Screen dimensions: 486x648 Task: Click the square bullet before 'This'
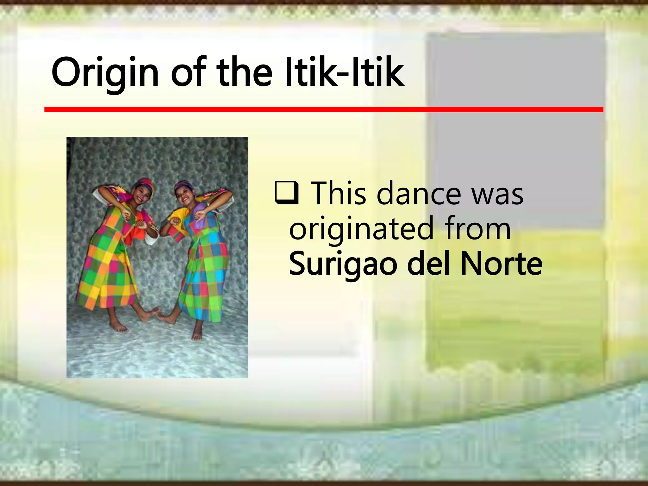(286, 192)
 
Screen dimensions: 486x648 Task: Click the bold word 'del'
(428, 264)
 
